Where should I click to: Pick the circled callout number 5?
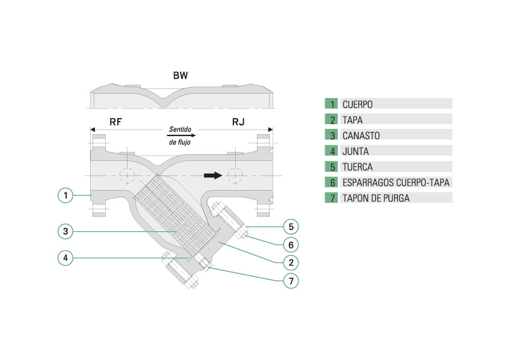(x=291, y=227)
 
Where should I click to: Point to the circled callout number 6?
(x=291, y=245)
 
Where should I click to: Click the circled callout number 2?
(x=291, y=262)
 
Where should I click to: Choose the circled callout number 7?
(x=291, y=281)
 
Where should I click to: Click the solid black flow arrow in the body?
(x=212, y=175)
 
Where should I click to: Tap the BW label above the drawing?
(x=181, y=76)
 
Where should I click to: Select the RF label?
(x=115, y=122)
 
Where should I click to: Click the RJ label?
(x=239, y=122)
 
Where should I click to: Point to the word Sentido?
(x=181, y=129)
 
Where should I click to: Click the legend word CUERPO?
(x=357, y=104)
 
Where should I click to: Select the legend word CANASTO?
(x=360, y=136)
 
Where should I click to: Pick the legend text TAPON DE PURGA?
(x=375, y=198)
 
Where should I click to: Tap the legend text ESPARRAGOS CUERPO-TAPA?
(x=395, y=182)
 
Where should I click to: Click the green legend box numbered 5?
(x=331, y=166)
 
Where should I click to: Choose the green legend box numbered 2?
(x=331, y=120)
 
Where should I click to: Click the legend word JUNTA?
(x=355, y=151)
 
